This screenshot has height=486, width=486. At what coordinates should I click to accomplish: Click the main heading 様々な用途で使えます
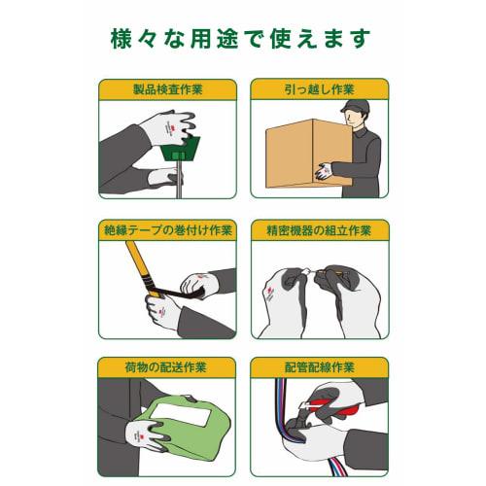(x=240, y=39)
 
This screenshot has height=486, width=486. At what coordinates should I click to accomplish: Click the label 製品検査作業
(x=168, y=89)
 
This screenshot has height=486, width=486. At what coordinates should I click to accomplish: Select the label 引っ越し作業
(x=320, y=89)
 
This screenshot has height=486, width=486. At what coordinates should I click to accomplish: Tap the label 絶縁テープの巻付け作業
(x=168, y=230)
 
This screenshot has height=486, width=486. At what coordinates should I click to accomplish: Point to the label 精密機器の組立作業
(x=319, y=230)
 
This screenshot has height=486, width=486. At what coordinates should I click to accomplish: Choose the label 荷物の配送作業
(x=165, y=367)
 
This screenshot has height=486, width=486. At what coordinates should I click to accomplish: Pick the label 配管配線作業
(x=320, y=367)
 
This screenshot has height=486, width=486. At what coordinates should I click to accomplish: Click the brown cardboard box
(x=309, y=154)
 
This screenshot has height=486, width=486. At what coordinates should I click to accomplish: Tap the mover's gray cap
(x=355, y=106)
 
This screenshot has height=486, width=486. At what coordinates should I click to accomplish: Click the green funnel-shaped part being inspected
(x=180, y=149)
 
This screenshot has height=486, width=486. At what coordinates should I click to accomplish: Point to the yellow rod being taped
(x=143, y=268)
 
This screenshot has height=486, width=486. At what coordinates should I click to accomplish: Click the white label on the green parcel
(x=183, y=415)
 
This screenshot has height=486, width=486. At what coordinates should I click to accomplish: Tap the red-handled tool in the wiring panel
(x=333, y=404)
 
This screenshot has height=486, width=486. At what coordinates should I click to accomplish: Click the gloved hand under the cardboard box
(x=323, y=171)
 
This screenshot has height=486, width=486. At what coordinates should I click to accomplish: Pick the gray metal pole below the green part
(x=179, y=180)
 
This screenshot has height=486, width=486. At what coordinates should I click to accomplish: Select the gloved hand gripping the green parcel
(x=146, y=434)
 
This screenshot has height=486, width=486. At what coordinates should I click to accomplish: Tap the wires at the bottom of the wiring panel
(x=337, y=466)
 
